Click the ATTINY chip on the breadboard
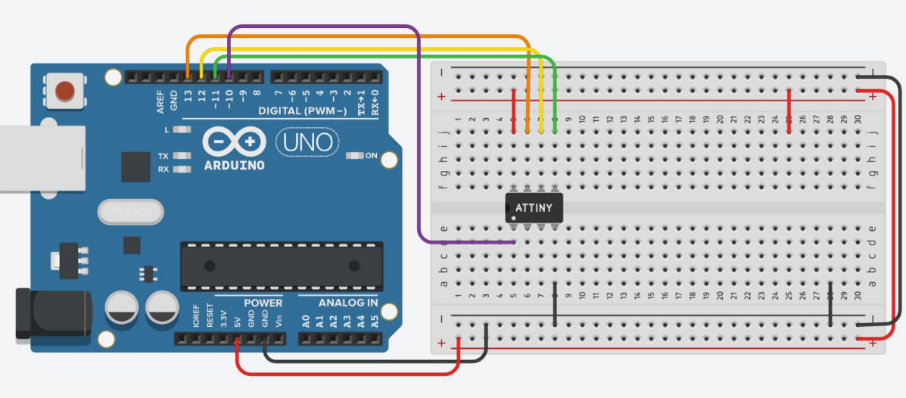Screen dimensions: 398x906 [x=534, y=207]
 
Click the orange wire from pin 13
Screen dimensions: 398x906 [x=356, y=36]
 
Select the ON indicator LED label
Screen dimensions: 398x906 [x=371, y=156]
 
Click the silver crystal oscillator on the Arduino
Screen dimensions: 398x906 [x=130, y=212]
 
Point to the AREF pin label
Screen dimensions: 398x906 [x=160, y=104]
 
